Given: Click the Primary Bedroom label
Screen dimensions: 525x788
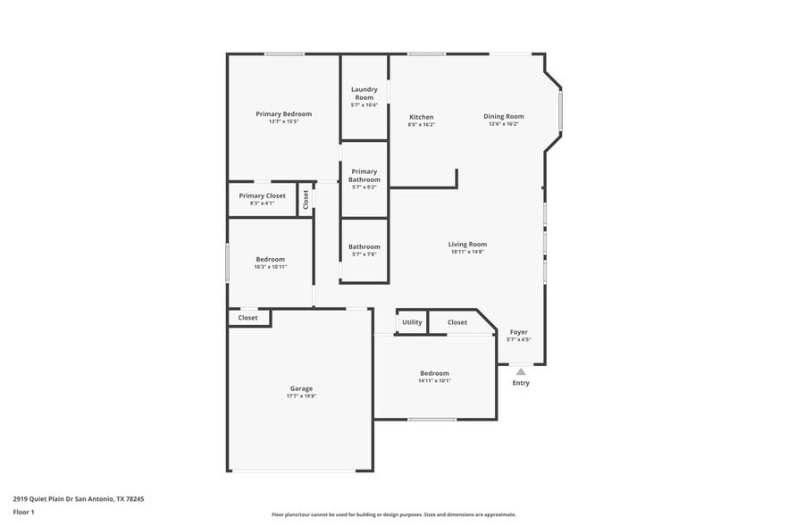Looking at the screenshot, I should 283,114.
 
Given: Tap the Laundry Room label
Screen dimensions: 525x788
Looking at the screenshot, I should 364,93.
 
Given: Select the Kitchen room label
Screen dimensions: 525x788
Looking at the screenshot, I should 421,117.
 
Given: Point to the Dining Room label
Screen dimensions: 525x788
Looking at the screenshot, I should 504,116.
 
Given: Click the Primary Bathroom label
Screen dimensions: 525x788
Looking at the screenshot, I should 364,175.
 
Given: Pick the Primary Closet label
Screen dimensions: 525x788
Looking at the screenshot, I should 262,196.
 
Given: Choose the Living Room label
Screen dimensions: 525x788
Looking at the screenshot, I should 467,244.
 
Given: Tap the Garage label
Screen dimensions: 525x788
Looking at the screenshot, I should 301,388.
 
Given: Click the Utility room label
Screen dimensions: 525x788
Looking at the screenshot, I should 412,322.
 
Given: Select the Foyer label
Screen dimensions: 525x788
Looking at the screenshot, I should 518,332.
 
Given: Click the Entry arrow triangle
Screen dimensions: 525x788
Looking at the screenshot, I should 521,371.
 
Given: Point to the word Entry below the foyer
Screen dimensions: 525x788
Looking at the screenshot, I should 521,383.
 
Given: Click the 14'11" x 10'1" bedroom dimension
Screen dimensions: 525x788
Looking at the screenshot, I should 434,380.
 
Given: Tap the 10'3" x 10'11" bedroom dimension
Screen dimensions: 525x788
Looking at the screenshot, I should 270,267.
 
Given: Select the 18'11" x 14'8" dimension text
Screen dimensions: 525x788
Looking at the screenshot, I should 467,252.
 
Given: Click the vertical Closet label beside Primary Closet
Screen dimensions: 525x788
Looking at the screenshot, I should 306,200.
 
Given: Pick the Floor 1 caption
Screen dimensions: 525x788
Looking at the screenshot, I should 24,512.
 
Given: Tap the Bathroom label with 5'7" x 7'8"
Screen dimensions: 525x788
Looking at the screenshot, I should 364,246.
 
